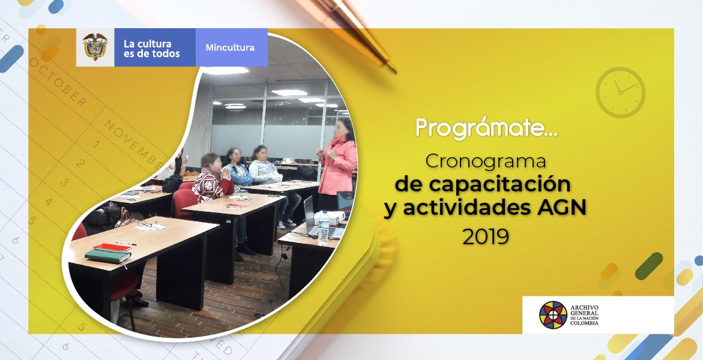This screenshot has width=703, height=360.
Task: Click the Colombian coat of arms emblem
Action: [x=95, y=47]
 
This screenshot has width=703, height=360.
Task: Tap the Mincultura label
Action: [x=230, y=47]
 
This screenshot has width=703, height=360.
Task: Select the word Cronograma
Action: [x=485, y=161]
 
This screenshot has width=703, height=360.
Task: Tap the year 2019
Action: [x=486, y=236]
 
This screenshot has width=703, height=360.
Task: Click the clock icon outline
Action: [x=620, y=92]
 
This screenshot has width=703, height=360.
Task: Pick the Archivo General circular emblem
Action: [x=553, y=315]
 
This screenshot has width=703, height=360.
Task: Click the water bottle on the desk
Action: [x=323, y=228]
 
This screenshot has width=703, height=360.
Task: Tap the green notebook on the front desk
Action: [x=108, y=256]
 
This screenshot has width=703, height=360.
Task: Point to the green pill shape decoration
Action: [x=649, y=266]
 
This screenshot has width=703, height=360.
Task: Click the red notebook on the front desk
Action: [x=112, y=247]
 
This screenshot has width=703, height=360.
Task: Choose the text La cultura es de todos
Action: [x=151, y=49]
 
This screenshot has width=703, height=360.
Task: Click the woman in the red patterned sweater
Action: [x=212, y=180]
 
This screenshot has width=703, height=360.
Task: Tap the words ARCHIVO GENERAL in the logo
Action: [x=584, y=310]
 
